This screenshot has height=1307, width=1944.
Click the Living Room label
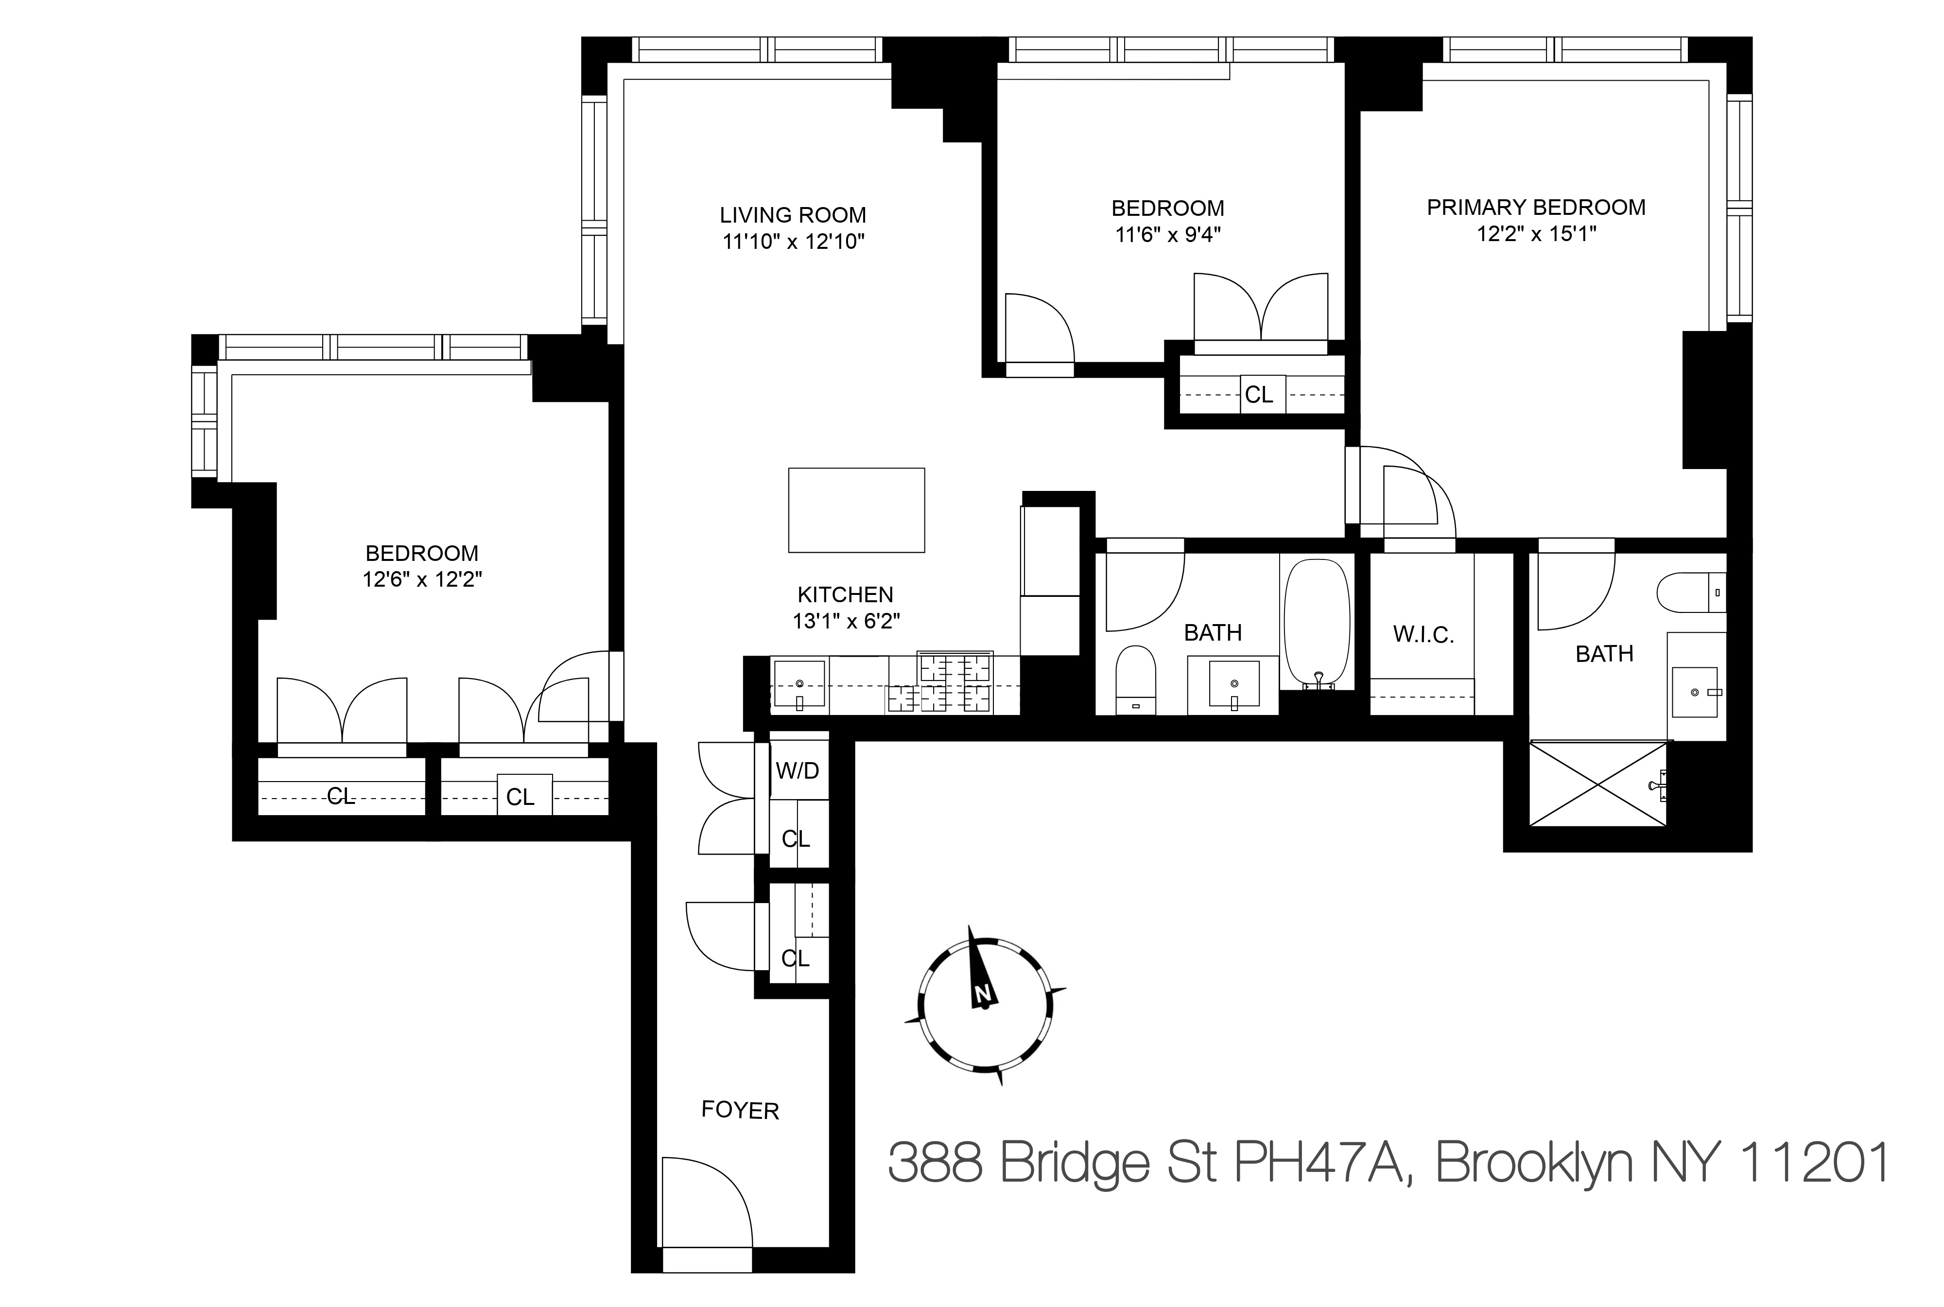coord(793,215)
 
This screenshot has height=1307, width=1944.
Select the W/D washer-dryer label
coord(798,771)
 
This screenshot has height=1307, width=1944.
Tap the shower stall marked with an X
coord(1598,784)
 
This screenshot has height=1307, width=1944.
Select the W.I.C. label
coord(1423,635)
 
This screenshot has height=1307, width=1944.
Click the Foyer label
coord(740,1110)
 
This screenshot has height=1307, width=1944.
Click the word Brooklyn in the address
coord(1534,1163)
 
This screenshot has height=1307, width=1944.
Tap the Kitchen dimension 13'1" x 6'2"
coord(846,621)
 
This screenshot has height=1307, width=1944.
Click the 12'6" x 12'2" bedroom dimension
coord(422,579)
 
